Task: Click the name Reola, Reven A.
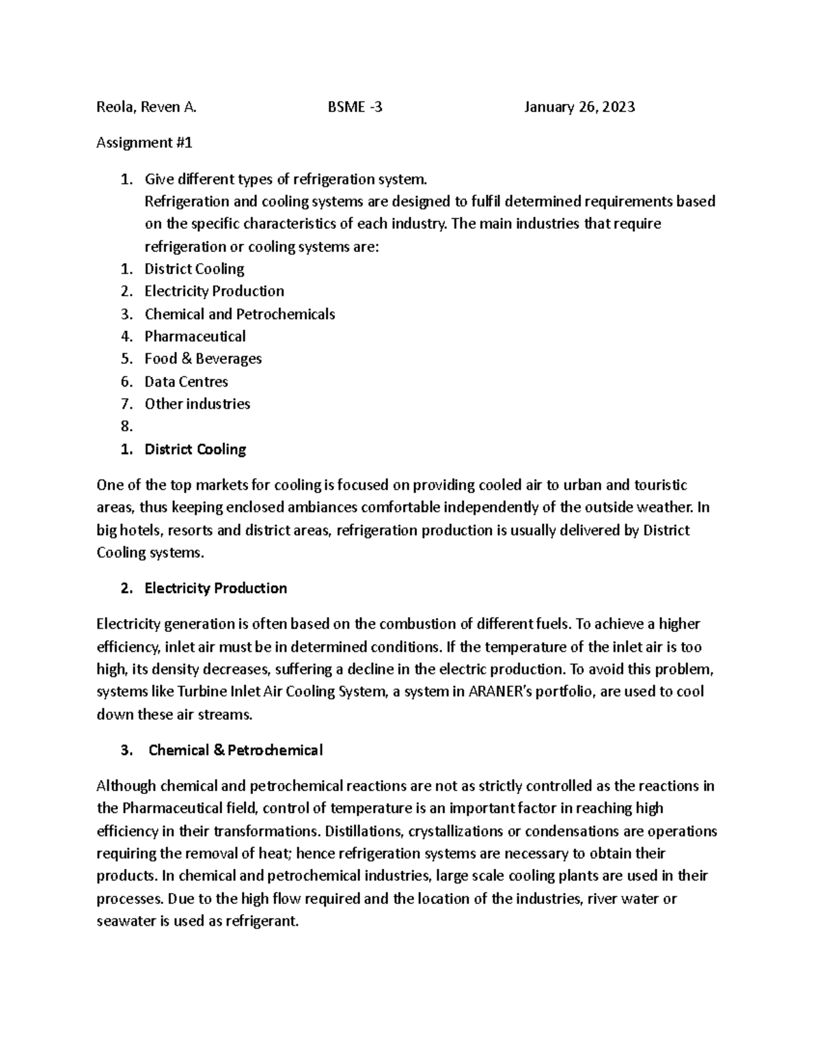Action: point(146,107)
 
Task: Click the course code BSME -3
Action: point(355,107)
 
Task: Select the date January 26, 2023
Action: point(579,107)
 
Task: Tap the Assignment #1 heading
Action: point(145,143)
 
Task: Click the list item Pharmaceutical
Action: point(195,336)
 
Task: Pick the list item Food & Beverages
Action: point(203,359)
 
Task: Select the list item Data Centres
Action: point(186,381)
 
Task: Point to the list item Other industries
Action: point(197,404)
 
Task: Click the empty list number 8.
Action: point(126,426)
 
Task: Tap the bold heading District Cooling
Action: point(195,450)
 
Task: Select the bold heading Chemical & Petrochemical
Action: point(235,750)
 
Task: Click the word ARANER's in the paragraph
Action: point(497,691)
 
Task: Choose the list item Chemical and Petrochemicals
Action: point(239,314)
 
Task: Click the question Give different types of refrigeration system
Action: point(286,180)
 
